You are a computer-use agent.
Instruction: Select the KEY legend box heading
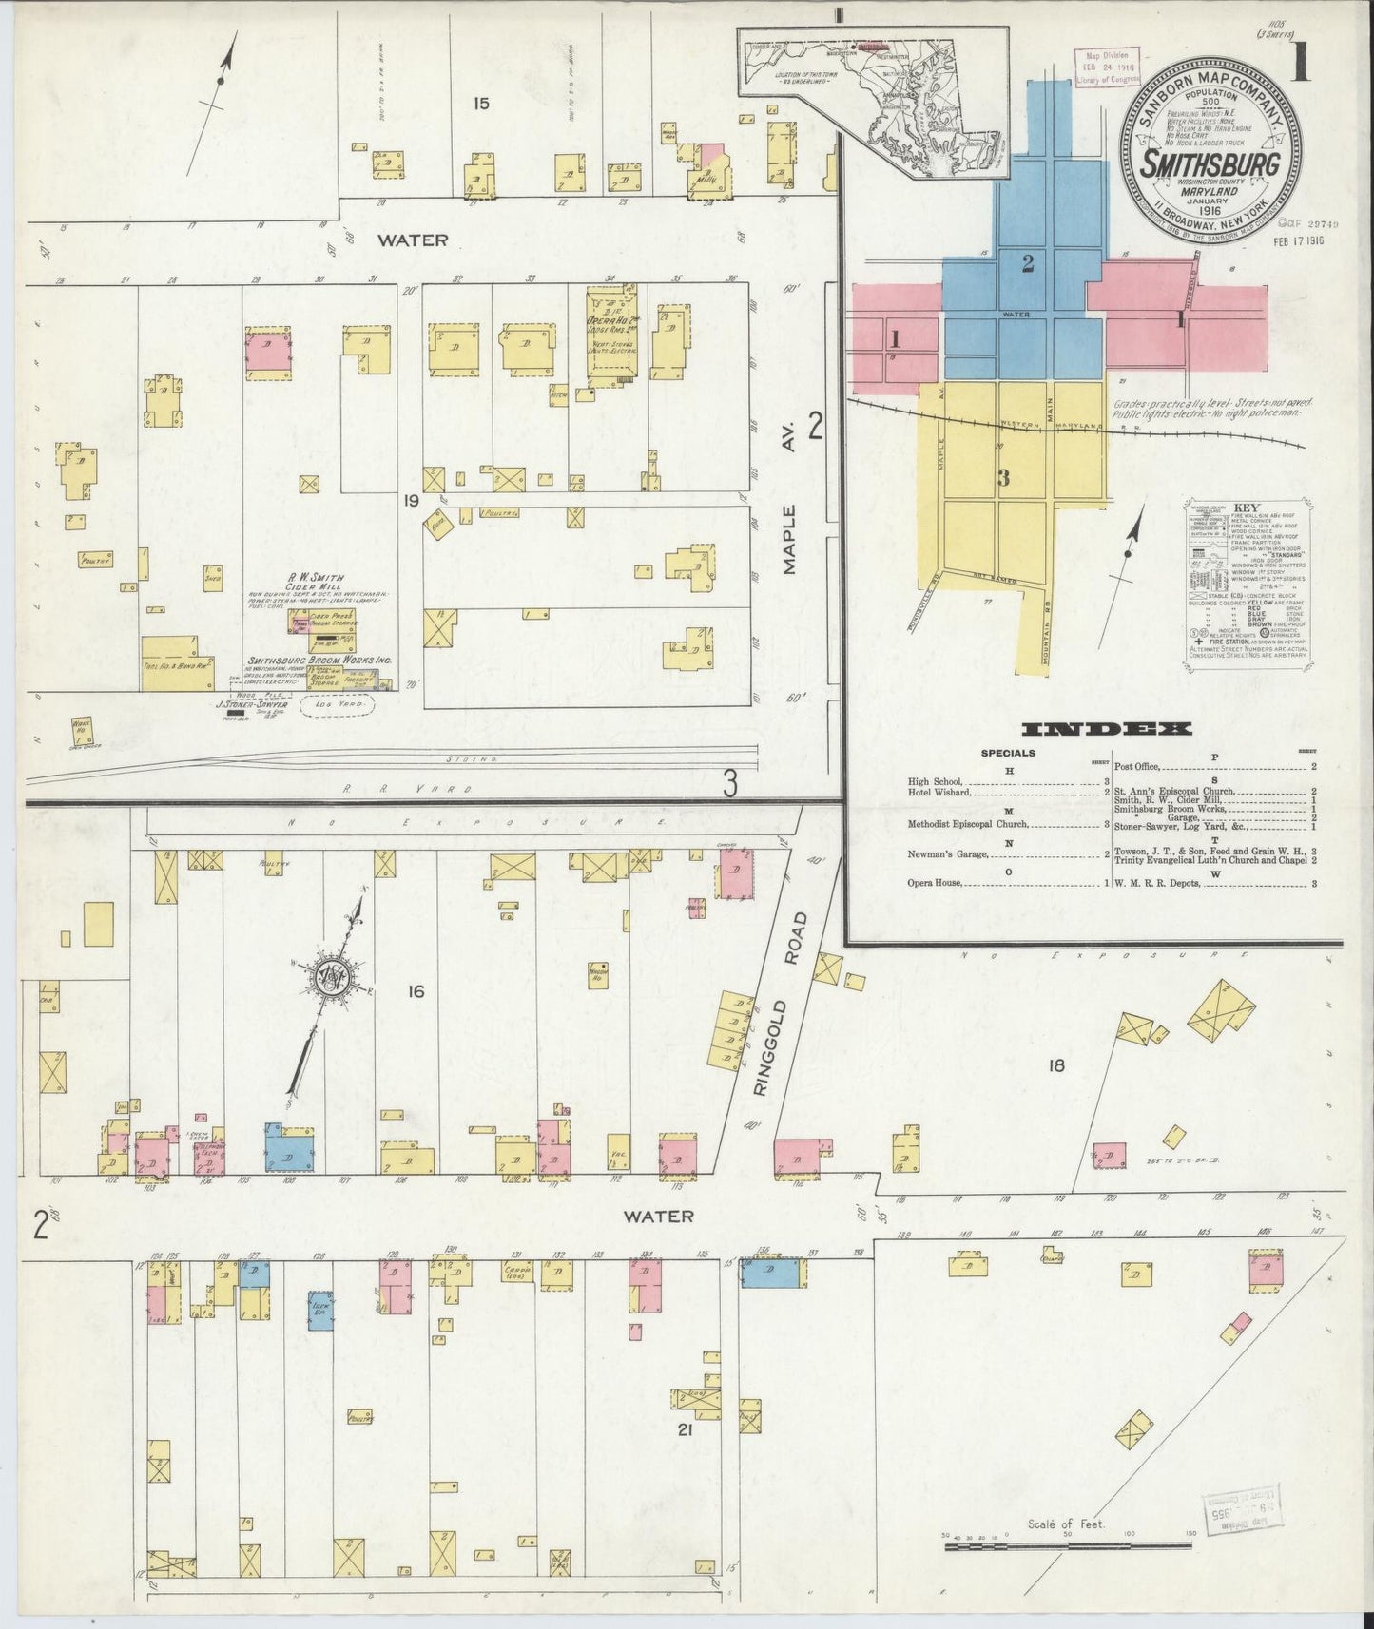[1245, 508]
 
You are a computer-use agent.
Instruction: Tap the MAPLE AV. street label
[788, 538]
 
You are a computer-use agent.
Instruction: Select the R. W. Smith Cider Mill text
[317, 583]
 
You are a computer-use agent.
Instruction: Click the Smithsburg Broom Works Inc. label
[319, 661]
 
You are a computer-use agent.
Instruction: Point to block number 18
[1055, 1065]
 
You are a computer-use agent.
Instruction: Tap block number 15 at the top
[481, 103]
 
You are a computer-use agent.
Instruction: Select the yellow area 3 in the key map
[1003, 478]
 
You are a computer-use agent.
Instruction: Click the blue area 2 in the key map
[1027, 264]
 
